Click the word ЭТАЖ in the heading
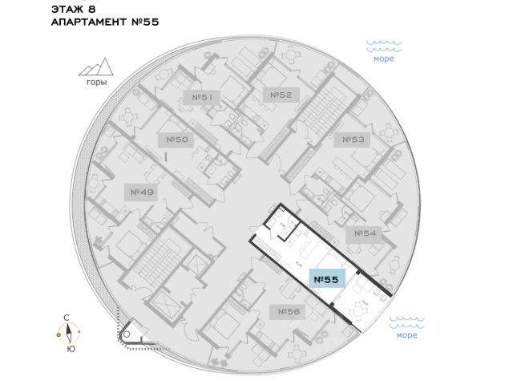tap(67, 10)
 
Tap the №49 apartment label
tap(140, 192)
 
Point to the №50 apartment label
tap(177, 140)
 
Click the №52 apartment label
tap(280, 95)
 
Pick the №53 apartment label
tap(353, 140)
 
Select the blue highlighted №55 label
tap(325, 280)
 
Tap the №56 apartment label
tap(289, 310)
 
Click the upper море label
tap(383, 59)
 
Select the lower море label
tap(406, 335)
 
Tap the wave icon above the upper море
tap(383, 44)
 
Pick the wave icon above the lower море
tap(406, 320)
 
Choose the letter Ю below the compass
tap(71, 350)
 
